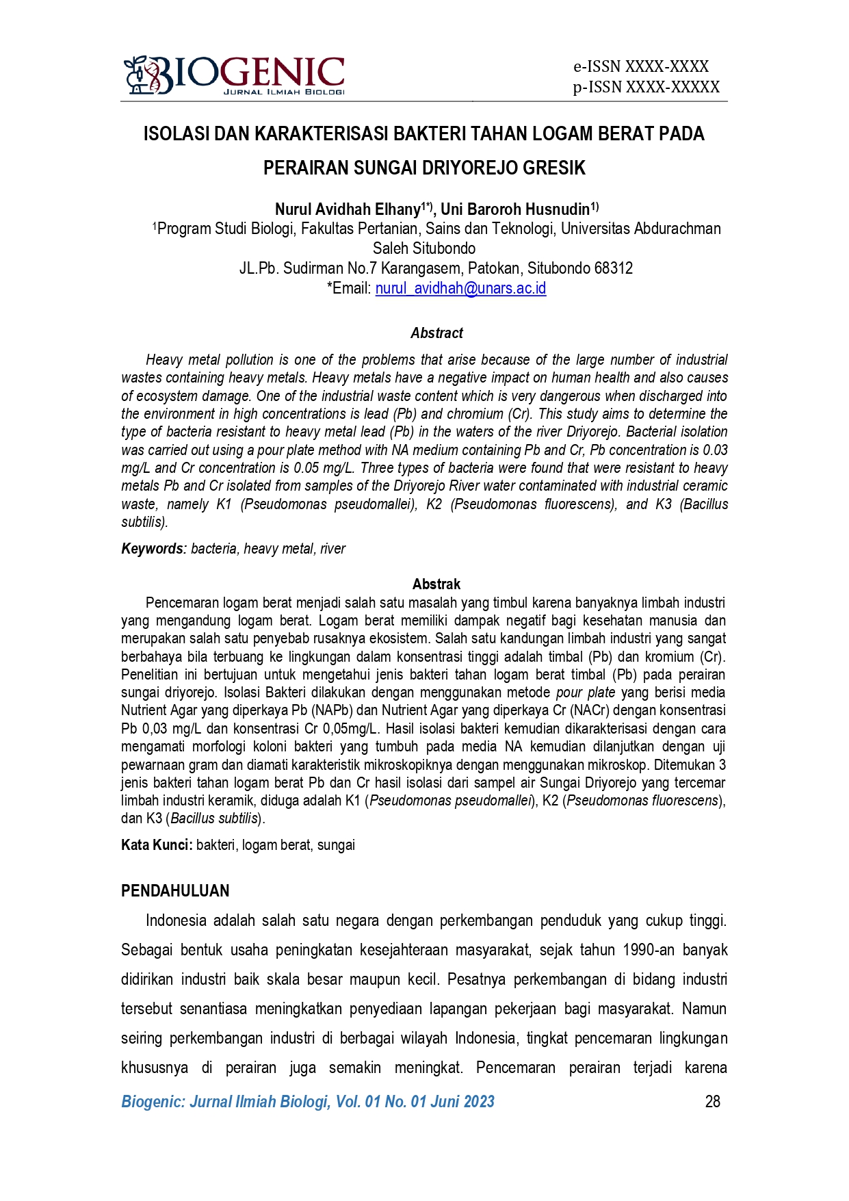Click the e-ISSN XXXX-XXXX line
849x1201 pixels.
pos(641,66)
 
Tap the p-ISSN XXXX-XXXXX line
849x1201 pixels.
pos(646,87)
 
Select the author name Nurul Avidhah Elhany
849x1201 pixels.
pos(347,209)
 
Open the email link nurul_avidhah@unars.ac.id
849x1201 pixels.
pos(460,288)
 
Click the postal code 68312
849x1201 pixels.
pos(614,268)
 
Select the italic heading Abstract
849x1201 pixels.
pos(436,333)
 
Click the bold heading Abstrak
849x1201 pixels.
pos(436,584)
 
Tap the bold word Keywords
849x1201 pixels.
pos(153,549)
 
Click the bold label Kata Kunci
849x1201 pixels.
pos(156,845)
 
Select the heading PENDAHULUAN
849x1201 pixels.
pos(175,891)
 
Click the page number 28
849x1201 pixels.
pos(712,1102)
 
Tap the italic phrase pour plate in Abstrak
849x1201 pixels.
pos(585,693)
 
